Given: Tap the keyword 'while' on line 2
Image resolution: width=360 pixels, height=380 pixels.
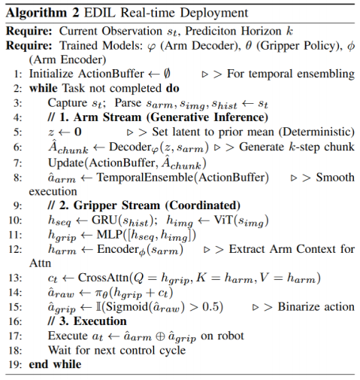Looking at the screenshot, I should (44, 87).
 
